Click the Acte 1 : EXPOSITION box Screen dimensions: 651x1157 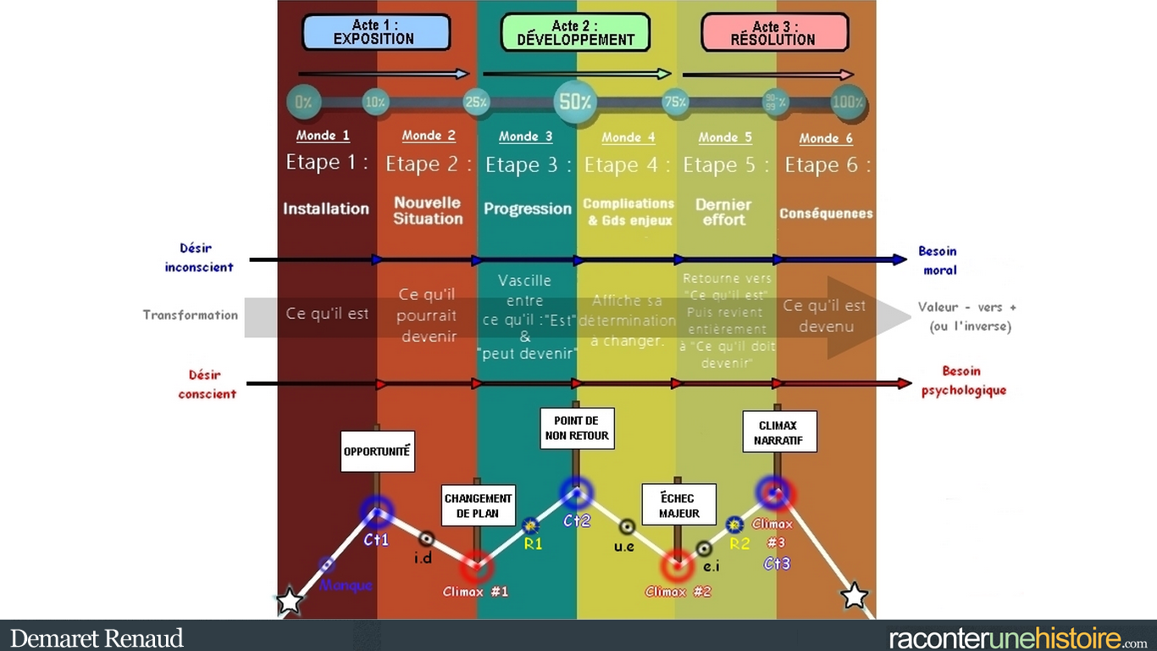pos(376,32)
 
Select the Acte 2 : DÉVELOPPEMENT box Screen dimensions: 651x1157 pos(575,32)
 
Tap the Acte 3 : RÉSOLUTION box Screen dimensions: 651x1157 pos(774,32)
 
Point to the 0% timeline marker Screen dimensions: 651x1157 pos(303,103)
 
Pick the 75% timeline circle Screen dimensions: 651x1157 pos(675,103)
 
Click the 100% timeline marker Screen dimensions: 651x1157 pos(848,103)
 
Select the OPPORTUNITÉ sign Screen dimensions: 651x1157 pos(377,452)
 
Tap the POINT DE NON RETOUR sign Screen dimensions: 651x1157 pos(576,428)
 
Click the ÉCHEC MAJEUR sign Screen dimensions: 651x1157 pos(679,506)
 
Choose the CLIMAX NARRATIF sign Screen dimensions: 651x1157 pos(779,431)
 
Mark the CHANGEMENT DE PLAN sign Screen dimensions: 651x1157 pos(478,506)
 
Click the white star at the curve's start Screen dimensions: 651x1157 pos(290,600)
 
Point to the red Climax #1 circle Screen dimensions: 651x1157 pos(476,565)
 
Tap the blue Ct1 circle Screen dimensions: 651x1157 pos(376,511)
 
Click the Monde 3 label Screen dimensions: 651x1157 pos(525,136)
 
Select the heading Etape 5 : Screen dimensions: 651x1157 pos(726,165)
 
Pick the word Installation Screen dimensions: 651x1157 pos(326,209)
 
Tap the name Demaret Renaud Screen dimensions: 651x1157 pos(97,637)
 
